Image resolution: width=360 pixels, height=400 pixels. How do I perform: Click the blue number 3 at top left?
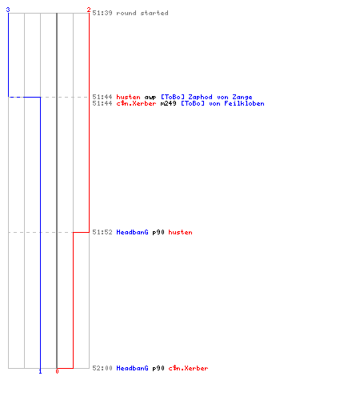click(x=8, y=10)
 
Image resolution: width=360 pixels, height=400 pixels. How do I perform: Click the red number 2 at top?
click(x=89, y=10)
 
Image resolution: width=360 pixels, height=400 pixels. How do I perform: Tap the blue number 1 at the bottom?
click(x=40, y=371)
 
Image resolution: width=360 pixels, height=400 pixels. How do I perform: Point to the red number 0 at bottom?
click(x=57, y=371)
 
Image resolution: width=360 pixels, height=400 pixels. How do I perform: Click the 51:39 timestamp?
click(x=102, y=13)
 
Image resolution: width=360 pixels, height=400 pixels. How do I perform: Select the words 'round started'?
click(x=142, y=13)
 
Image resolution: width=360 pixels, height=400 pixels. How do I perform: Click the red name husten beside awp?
click(x=128, y=97)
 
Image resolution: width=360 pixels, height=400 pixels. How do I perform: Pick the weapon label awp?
click(x=150, y=98)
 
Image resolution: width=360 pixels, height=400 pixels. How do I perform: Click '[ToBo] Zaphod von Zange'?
click(x=206, y=98)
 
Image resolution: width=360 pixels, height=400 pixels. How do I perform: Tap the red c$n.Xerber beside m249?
click(x=136, y=103)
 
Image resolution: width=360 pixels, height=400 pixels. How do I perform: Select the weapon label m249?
click(x=168, y=104)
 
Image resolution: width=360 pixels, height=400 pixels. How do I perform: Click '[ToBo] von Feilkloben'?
click(x=222, y=103)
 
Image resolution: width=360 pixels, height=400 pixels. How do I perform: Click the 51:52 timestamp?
click(x=102, y=232)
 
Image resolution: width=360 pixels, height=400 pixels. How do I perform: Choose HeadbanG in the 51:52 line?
click(x=132, y=232)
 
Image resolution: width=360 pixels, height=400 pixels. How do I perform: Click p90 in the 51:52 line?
click(x=158, y=233)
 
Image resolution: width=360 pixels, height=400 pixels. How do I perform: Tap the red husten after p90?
click(x=180, y=232)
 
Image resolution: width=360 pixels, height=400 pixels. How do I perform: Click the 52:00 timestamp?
click(x=102, y=368)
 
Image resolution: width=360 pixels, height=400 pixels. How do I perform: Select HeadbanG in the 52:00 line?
click(x=132, y=368)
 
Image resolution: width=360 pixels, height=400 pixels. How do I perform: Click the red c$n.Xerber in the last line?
click(x=188, y=368)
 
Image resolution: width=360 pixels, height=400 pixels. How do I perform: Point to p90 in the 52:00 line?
click(x=158, y=369)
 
